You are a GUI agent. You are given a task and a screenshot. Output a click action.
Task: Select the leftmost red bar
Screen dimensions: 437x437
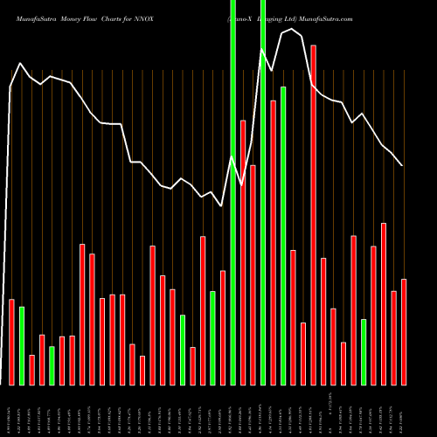[x=12, y=342]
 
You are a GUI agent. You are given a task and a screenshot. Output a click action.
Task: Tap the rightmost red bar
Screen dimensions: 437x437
[x=404, y=332]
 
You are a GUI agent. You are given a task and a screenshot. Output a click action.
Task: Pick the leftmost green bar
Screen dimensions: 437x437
[x=22, y=345]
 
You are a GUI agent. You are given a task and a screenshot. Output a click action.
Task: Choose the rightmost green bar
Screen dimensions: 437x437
[x=364, y=351]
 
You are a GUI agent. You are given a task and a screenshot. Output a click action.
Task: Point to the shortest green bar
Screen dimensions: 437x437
[x=52, y=365]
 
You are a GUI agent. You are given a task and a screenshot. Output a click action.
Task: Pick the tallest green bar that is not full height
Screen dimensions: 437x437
[x=283, y=236]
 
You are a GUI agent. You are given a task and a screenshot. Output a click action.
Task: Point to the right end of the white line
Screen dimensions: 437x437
[x=402, y=165]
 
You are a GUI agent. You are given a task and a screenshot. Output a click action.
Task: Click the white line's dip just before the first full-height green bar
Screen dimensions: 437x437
[x=222, y=205]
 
